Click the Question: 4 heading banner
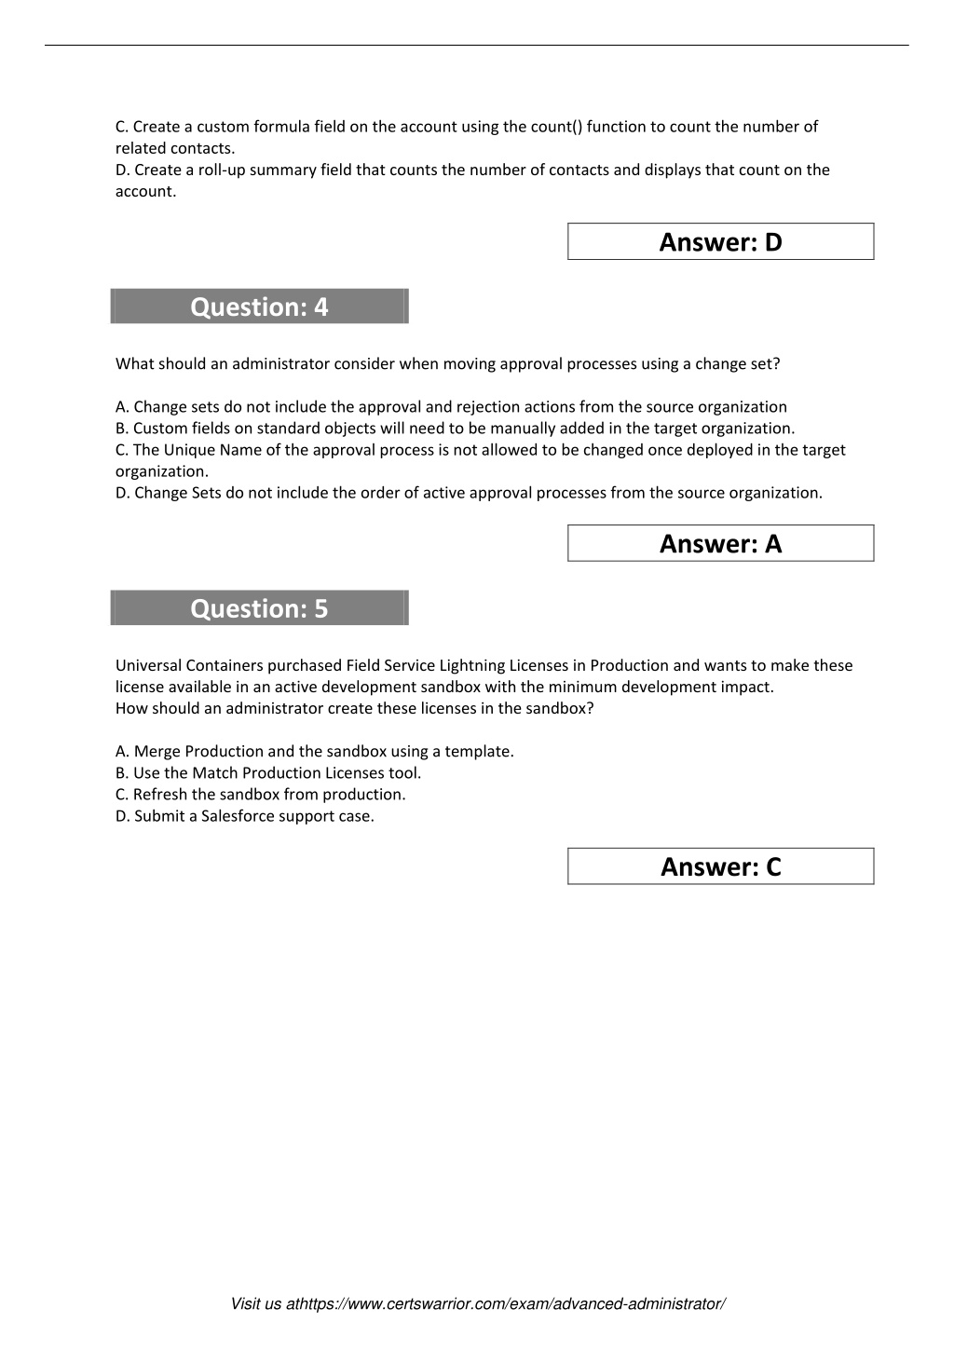(x=259, y=307)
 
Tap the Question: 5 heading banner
(x=259, y=608)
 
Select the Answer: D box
(x=720, y=242)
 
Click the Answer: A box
(x=720, y=544)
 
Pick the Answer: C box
(x=720, y=867)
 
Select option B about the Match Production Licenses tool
(x=268, y=773)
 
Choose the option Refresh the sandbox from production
(x=261, y=795)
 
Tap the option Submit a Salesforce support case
(x=245, y=816)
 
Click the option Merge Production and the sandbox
(x=315, y=752)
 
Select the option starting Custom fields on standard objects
(x=455, y=429)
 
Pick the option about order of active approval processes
(x=469, y=493)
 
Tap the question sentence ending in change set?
(x=447, y=364)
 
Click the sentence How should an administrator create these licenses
(x=354, y=708)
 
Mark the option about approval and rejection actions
(x=451, y=407)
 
